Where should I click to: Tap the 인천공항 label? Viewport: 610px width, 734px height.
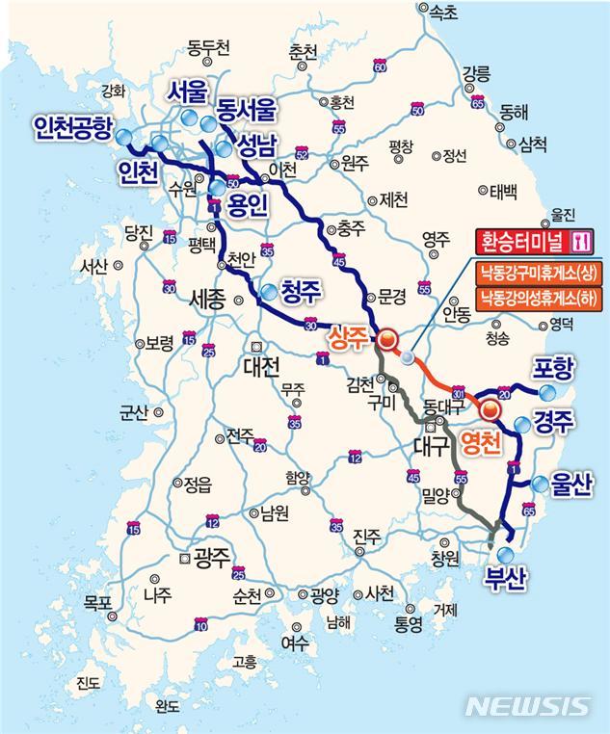tap(72, 127)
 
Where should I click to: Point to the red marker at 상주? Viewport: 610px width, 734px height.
tap(386, 338)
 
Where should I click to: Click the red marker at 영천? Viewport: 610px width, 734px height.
tap(490, 410)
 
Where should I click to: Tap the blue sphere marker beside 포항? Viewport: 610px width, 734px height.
tap(547, 392)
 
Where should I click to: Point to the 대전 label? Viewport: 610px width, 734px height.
tap(260, 366)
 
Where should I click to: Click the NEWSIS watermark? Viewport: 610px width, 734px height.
tap(528, 706)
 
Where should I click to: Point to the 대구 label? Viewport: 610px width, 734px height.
tap(430, 446)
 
